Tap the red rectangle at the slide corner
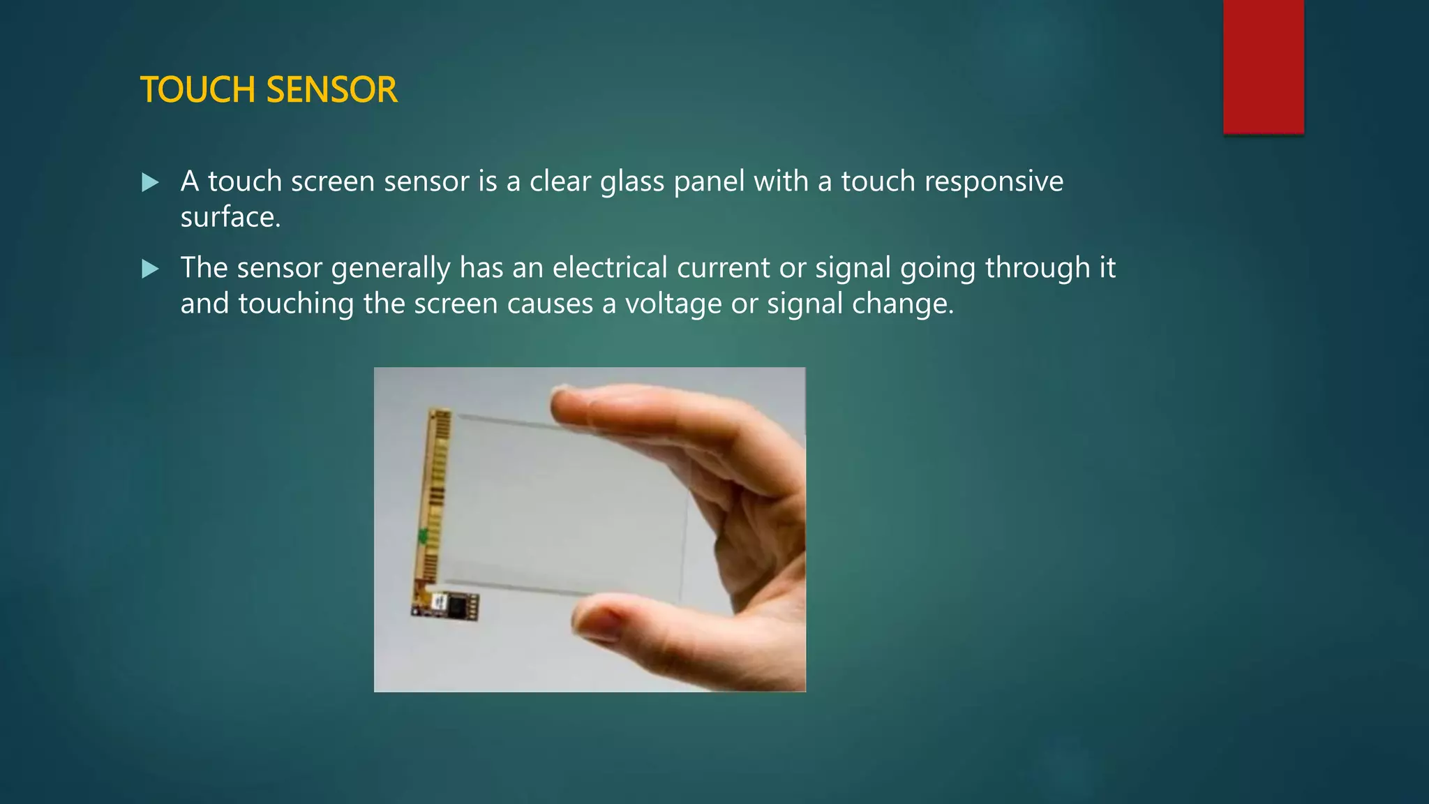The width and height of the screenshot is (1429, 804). point(1263,66)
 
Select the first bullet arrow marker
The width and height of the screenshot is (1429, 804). point(150,183)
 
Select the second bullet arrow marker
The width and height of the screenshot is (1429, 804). point(150,269)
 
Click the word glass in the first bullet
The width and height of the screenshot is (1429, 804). point(632,182)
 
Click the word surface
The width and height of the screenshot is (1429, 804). point(230,218)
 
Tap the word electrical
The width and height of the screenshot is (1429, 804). point(610,268)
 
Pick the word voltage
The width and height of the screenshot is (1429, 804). point(673,304)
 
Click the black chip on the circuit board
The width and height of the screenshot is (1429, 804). point(458,604)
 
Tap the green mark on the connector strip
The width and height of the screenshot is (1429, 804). point(423,537)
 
